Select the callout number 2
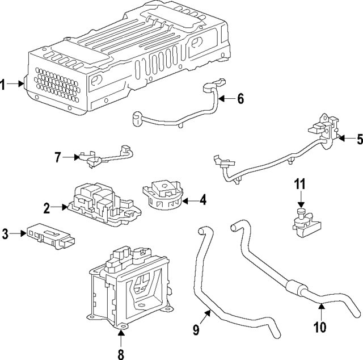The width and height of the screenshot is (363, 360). point(47,208)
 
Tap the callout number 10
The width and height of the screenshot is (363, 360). point(320,326)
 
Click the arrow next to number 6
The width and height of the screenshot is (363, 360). point(225,99)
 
